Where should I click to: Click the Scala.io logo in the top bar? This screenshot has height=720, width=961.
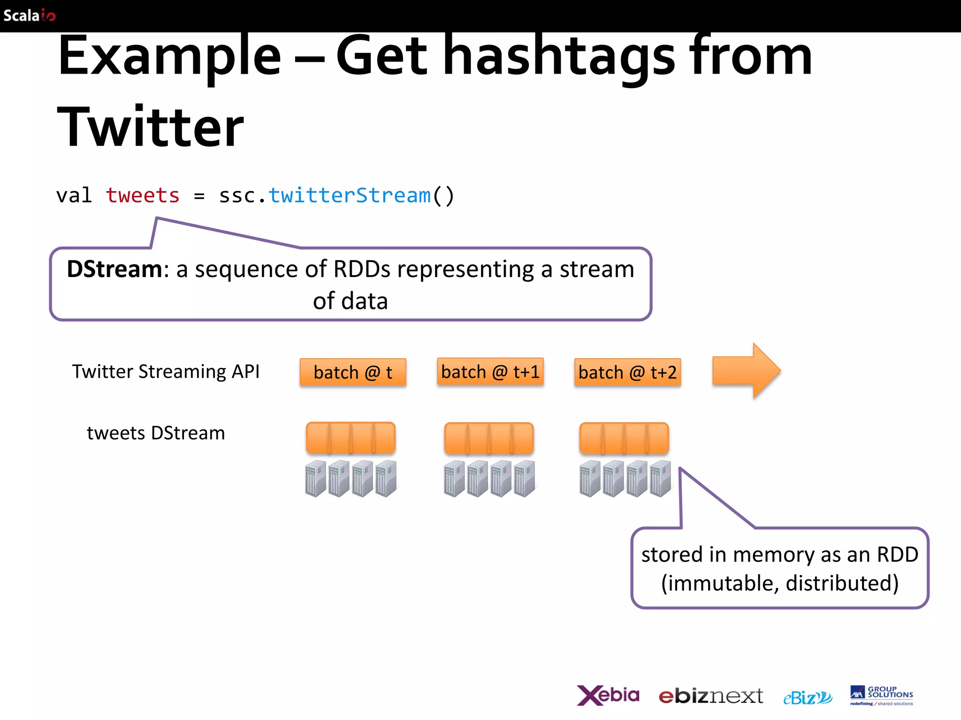[29, 15]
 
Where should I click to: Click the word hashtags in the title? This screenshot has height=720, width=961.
[558, 56]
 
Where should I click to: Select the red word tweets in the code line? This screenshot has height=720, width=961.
[143, 195]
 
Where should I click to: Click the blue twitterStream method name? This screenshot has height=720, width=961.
[350, 195]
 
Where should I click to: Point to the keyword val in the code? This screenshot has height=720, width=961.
[74, 195]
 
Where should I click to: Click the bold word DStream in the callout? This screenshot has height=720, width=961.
[114, 270]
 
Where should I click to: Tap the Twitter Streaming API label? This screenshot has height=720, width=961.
[166, 372]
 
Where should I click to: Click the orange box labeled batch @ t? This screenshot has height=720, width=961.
[353, 373]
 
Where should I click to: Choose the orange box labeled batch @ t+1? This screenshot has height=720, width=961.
[490, 372]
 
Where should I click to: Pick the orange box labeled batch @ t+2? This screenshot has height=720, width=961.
[627, 373]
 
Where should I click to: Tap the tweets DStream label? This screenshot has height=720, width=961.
[156, 433]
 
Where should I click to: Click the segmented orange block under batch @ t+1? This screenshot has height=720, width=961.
[489, 438]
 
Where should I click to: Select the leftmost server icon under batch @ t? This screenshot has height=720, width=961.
[315, 479]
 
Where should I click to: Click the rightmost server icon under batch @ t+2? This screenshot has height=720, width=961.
[660, 479]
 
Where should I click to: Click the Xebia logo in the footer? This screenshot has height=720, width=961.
[608, 696]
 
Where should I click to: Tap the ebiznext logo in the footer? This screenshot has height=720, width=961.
[710, 697]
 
